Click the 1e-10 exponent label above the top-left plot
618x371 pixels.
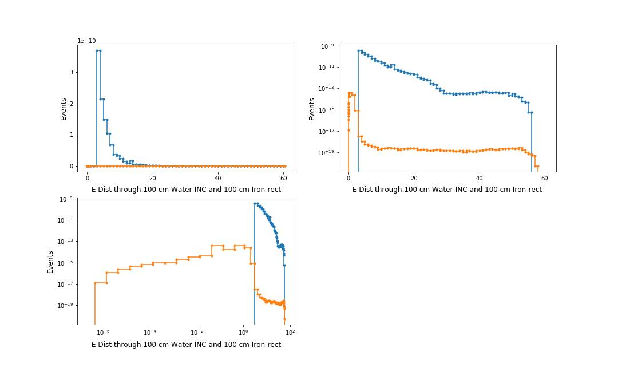[x=87, y=41]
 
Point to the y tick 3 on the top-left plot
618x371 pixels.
[x=72, y=72]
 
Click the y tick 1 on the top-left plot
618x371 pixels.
[x=72, y=135]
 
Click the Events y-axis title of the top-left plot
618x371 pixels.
[x=64, y=108]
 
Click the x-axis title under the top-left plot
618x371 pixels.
[x=186, y=190]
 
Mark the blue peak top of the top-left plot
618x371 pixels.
[x=98, y=50]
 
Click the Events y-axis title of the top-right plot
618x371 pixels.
[x=312, y=108]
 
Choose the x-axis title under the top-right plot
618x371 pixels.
[x=447, y=190]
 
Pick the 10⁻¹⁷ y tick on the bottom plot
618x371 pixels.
[x=66, y=284]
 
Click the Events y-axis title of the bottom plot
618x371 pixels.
[x=50, y=261]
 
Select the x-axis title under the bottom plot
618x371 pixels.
[x=186, y=345]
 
